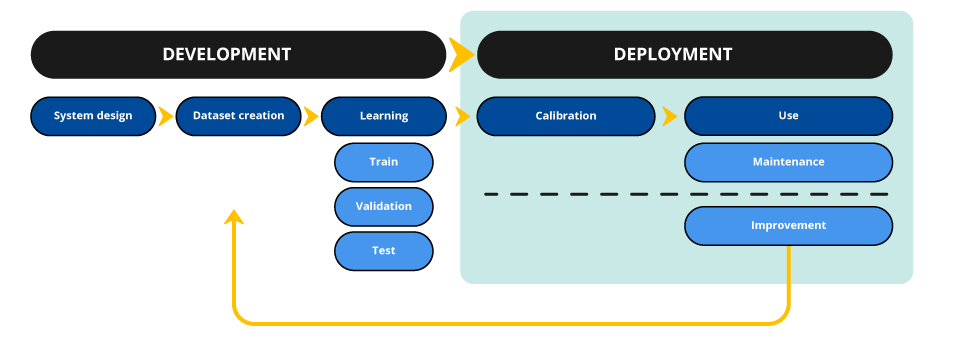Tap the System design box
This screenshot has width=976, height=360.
(x=93, y=116)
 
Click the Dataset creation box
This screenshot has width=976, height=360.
(x=238, y=116)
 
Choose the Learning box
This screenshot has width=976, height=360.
(x=383, y=116)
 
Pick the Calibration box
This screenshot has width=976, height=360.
(x=565, y=116)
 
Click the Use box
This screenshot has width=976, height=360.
(x=788, y=116)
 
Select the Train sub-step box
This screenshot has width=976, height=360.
(x=383, y=162)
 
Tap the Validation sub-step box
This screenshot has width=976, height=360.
(x=383, y=206)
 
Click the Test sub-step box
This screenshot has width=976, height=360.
(x=383, y=251)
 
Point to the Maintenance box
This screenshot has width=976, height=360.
(x=788, y=162)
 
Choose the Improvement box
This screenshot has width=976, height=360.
(x=788, y=226)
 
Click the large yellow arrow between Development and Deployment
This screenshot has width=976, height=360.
(x=461, y=55)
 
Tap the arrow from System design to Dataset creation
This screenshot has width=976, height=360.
(x=166, y=116)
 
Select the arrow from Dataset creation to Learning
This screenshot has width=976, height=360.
(x=311, y=116)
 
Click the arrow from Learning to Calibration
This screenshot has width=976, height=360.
(x=462, y=116)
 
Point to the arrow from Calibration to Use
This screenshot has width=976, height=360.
(x=668, y=116)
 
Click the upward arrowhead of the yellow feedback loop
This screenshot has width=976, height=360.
(x=234, y=217)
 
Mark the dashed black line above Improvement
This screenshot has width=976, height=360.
(x=686, y=194)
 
